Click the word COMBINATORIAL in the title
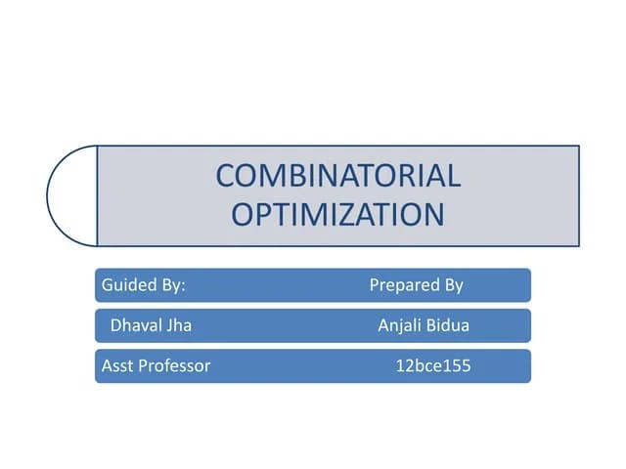pos(337,176)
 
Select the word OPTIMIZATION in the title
pos(337,213)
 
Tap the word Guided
pos(124,285)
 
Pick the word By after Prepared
pos(453,285)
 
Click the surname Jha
pos(179,325)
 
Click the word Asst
pos(116,366)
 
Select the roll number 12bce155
pos(432,366)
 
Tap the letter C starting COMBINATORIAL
pos(226,176)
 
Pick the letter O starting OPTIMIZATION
pos(244,213)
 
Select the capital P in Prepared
pos(375,285)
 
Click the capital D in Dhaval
pos(115,325)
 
